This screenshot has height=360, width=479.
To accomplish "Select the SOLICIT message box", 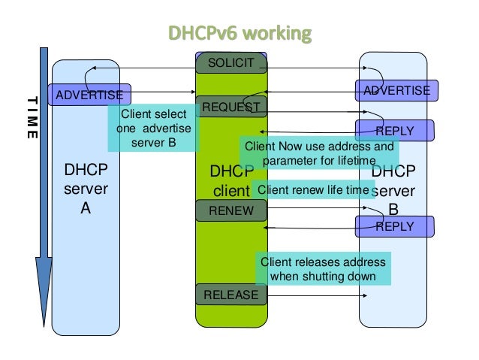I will (x=231, y=62).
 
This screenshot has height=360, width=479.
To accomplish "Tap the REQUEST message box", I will (x=231, y=107).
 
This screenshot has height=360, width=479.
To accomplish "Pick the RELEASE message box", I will (x=231, y=295).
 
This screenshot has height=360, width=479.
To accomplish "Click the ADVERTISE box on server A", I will (x=90, y=95).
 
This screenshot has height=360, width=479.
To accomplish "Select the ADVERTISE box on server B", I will (x=396, y=91).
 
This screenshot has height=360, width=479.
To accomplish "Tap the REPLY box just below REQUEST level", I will (x=395, y=131).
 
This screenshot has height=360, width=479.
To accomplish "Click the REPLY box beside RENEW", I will (x=395, y=225).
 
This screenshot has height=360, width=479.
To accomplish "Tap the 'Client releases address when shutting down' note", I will (x=323, y=269).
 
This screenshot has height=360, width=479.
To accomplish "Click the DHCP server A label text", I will (x=86, y=190).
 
